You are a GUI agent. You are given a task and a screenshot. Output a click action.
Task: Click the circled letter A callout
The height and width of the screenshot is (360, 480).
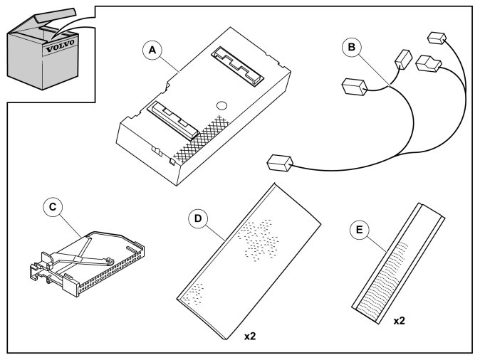[150, 51]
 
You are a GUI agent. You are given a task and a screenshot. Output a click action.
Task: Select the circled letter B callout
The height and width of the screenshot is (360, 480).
[350, 48]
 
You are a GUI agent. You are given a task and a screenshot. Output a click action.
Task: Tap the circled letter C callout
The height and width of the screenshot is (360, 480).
[51, 206]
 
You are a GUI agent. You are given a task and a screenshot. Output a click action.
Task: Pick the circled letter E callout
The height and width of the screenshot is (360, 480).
[360, 230]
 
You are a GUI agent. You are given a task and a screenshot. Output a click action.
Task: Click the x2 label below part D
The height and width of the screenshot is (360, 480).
[249, 334]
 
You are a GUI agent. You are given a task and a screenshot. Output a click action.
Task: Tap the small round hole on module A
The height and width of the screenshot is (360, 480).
[221, 105]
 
